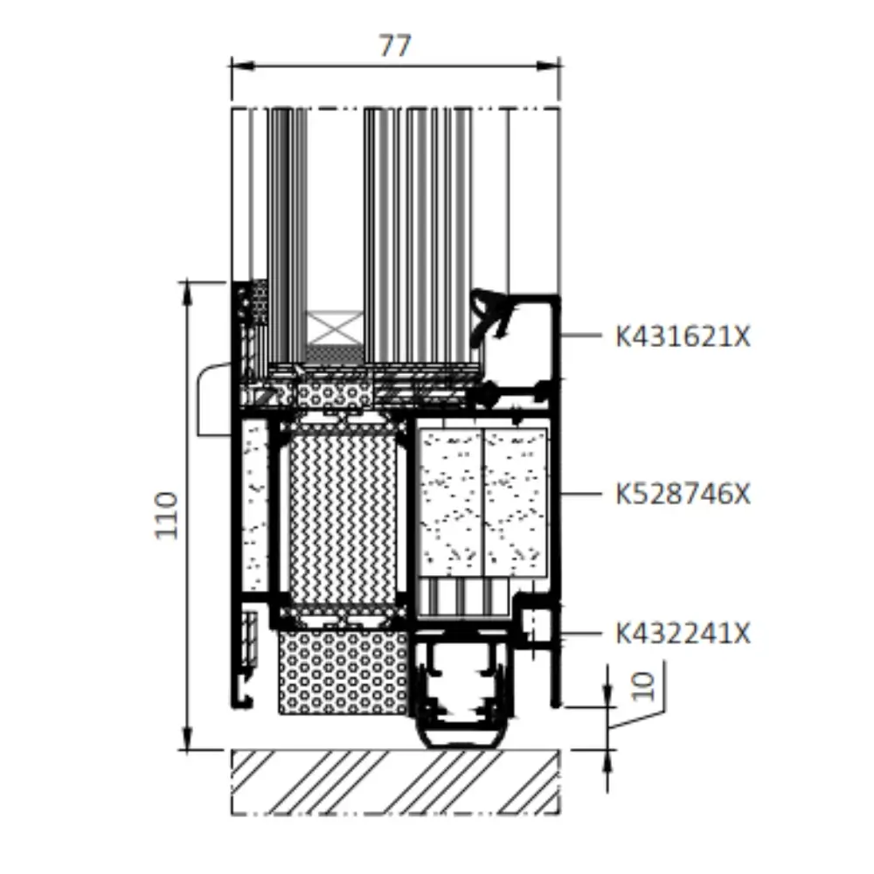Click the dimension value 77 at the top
(x=395, y=45)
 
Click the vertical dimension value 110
(x=166, y=515)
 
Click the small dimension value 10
(x=642, y=685)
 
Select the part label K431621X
(x=683, y=336)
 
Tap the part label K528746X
(x=683, y=494)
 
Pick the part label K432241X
(x=683, y=634)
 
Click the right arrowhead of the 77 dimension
(x=548, y=66)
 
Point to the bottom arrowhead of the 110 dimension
(x=188, y=738)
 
